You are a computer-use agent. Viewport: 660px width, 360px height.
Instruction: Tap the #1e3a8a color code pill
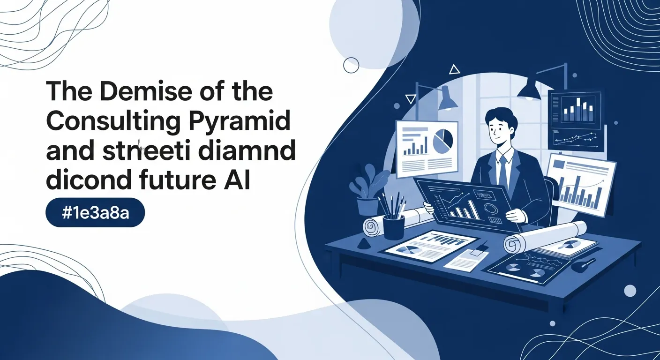pos(95,215)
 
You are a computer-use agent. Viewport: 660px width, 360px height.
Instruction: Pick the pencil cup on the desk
pos(393,225)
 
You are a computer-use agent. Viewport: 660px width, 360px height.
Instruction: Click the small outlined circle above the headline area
pos(351,65)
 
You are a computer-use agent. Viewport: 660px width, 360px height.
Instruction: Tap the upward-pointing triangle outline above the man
pos(454,70)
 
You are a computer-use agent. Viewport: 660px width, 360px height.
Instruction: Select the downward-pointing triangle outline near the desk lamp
pos(411,99)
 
